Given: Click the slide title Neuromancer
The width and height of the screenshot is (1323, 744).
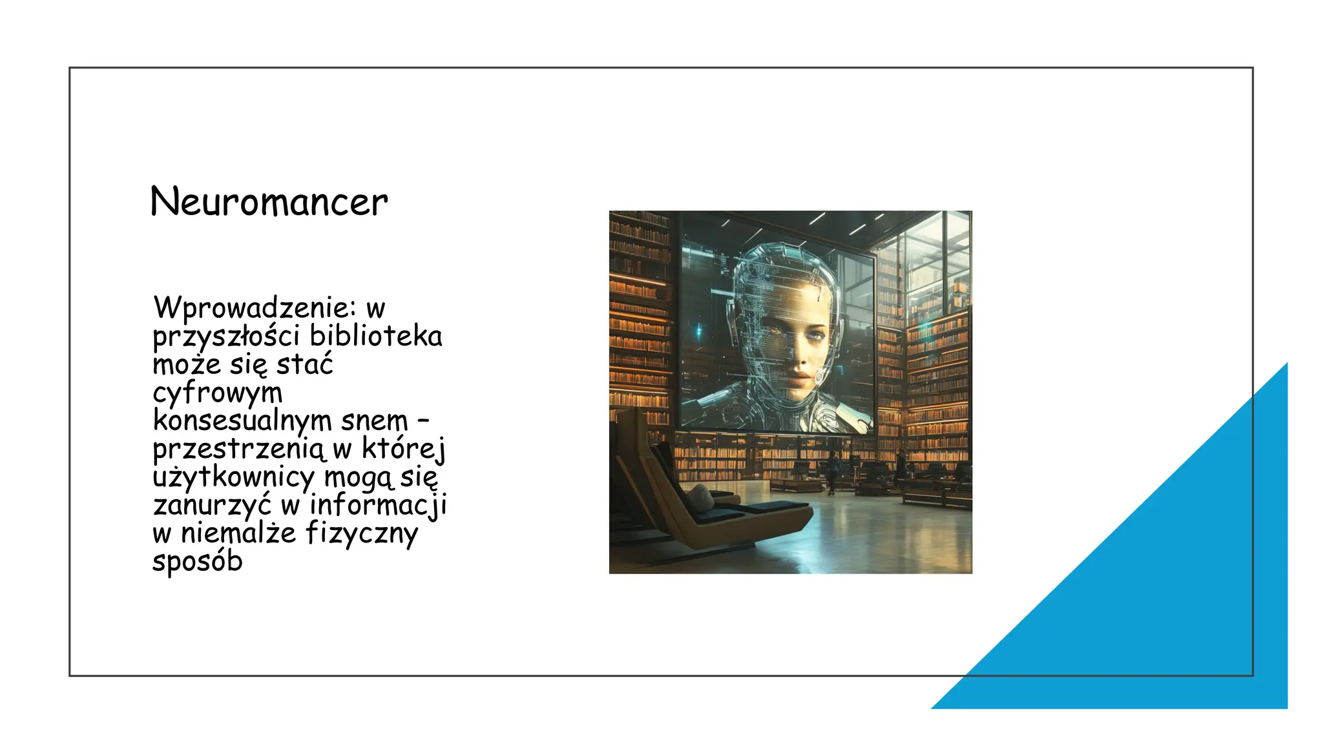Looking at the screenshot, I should [269, 201].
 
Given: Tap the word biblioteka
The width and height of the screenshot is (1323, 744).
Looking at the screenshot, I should [376, 336].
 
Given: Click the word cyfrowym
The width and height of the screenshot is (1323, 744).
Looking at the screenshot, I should [218, 393].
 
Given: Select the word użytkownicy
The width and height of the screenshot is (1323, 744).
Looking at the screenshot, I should [234, 477].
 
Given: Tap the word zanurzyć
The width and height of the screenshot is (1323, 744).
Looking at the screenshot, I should [213, 505].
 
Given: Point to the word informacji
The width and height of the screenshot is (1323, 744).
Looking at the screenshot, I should [379, 505].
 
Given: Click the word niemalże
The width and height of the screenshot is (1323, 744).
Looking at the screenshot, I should [238, 533].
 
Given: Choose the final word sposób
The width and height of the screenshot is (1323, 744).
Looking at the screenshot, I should [198, 562].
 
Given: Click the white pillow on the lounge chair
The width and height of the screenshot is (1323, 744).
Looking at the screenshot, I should [699, 497].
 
